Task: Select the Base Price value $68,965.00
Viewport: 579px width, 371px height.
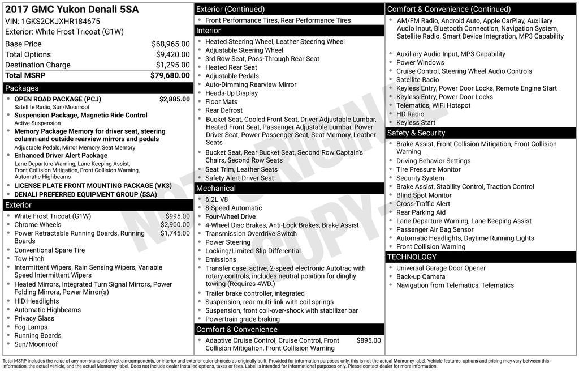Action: pyautogui.click(x=170, y=44)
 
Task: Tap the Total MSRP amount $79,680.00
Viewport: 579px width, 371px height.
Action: pyautogui.click(x=170, y=75)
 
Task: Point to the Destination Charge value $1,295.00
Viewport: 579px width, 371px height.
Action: pyautogui.click(x=172, y=65)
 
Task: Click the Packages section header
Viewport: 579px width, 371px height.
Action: pyautogui.click(x=22, y=88)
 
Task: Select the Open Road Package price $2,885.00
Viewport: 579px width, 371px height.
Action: pyautogui.click(x=174, y=99)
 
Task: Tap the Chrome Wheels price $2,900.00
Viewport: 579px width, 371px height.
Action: pyautogui.click(x=175, y=225)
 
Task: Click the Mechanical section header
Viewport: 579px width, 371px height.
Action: pyautogui.click(x=216, y=189)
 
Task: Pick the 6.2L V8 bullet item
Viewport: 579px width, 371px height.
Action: pyautogui.click(x=217, y=199)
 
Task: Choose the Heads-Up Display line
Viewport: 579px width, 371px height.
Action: pyautogui.click(x=231, y=93)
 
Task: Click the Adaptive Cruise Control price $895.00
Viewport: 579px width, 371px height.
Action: pyautogui.click(x=369, y=340)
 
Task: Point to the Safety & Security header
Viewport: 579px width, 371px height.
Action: pyautogui.click(x=416, y=133)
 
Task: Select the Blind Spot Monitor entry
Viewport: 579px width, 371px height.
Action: pyautogui.click(x=424, y=195)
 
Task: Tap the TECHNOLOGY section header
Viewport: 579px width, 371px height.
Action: pyautogui.click(x=412, y=257)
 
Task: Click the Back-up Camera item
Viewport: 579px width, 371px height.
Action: pyautogui.click(x=421, y=277)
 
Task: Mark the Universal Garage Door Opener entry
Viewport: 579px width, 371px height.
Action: pyautogui.click(x=440, y=268)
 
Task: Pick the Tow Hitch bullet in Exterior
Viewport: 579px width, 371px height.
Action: pyautogui.click(x=29, y=259)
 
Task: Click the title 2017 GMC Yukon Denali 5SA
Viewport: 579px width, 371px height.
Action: pyautogui.click(x=72, y=10)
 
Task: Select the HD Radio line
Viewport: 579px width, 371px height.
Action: pyautogui.click(x=410, y=114)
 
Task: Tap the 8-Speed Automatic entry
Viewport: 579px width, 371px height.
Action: pyautogui.click(x=234, y=208)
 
